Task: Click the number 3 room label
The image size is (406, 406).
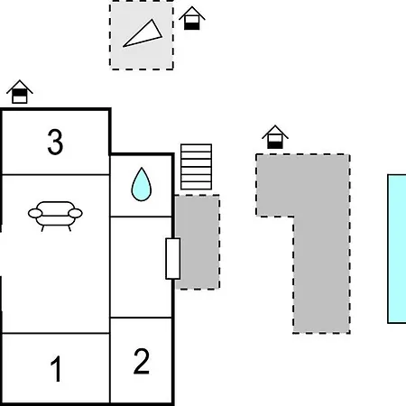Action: [x=55, y=142]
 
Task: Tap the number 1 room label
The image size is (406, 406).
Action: [x=56, y=369]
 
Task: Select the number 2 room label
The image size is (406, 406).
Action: [x=142, y=361]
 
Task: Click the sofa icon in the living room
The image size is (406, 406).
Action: [x=55, y=216]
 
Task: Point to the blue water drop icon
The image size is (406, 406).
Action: [x=142, y=184]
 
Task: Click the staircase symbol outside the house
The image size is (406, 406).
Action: [x=197, y=167]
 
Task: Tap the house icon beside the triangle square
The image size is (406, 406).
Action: [x=192, y=18]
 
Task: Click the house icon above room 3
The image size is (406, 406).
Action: [x=20, y=92]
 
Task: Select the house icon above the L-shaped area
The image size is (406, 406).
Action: [x=275, y=137]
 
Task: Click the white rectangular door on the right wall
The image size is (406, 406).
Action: [x=173, y=259]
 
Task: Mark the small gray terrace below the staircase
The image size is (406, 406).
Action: [x=198, y=242]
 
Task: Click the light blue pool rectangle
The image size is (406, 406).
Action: [x=397, y=249]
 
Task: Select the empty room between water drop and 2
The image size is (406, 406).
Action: [x=141, y=267]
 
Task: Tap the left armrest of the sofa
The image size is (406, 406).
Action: [x=35, y=213]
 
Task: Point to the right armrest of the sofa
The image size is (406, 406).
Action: [x=75, y=213]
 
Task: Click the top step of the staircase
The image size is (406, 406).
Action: [x=197, y=148]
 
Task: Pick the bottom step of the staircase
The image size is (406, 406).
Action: [x=197, y=186]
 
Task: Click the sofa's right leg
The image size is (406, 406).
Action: [x=69, y=228]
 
